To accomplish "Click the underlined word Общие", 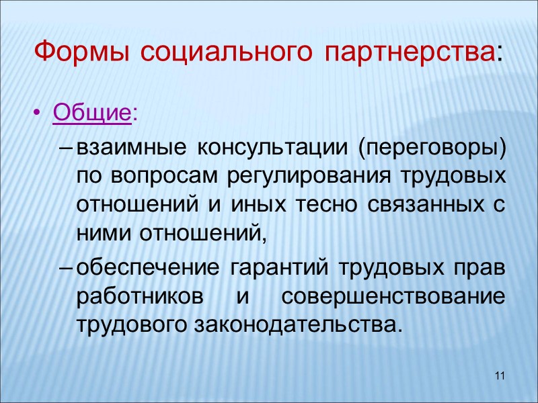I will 91,112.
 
